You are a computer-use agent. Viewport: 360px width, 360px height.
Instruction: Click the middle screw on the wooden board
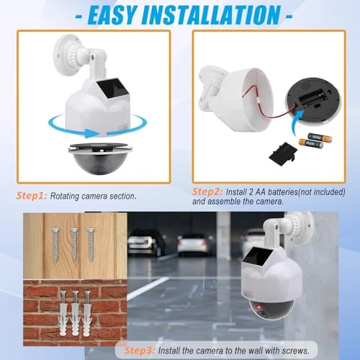point(73,243)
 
